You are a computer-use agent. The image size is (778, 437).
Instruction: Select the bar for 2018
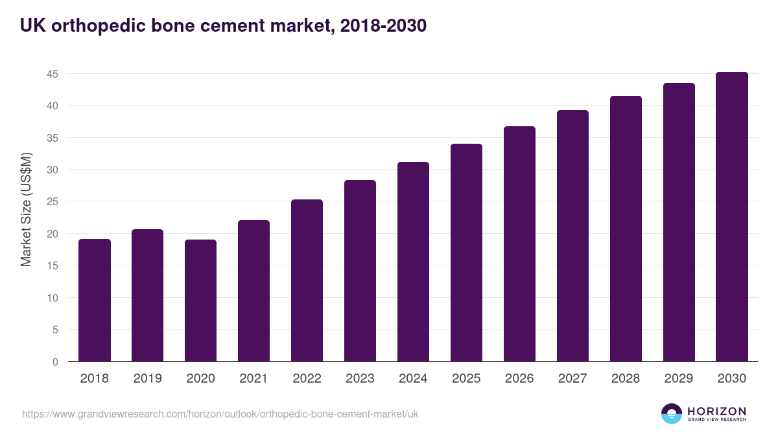pos(94,300)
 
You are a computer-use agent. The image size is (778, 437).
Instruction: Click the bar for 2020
pos(200,300)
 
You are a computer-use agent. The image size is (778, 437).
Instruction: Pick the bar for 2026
pos(519,244)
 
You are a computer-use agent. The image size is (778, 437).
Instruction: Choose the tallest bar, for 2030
pos(732,217)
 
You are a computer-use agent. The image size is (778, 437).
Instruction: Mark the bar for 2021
pos(253,291)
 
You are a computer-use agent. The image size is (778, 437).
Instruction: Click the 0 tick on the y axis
pos(56,362)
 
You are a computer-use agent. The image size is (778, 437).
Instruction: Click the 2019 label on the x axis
pos(147,379)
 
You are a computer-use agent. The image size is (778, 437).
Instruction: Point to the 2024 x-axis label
pos(413,379)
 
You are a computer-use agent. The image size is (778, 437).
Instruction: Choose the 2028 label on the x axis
pos(626,379)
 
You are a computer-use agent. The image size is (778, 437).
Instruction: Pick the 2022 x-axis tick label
pos(307,379)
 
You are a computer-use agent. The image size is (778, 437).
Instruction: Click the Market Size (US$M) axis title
pos(27,209)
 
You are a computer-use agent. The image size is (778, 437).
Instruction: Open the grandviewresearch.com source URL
pos(220,414)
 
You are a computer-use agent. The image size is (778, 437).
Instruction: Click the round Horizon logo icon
pos(672,414)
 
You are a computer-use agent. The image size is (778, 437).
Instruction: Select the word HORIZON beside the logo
pos(716,411)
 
